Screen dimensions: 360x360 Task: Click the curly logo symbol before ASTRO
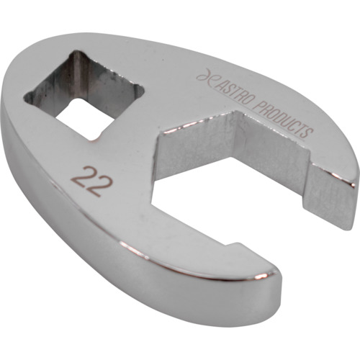point(204,77)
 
